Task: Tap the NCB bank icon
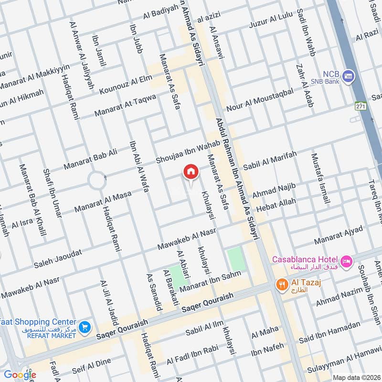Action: [349, 76]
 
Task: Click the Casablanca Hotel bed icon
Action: [347, 261]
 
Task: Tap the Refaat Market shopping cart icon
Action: [85, 327]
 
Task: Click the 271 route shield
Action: [361, 106]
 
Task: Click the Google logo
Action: [21, 375]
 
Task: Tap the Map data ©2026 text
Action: [356, 377]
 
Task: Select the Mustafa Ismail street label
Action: [320, 179]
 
